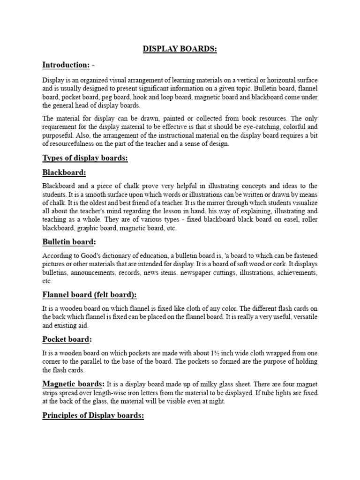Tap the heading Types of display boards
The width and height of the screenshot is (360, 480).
pyautogui.click(x=85, y=158)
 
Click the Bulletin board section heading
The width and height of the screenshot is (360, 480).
pyautogui.click(x=69, y=241)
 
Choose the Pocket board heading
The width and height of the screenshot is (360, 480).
pyautogui.click(x=67, y=339)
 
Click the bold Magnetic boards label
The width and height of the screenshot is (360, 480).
pyautogui.click(x=74, y=384)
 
